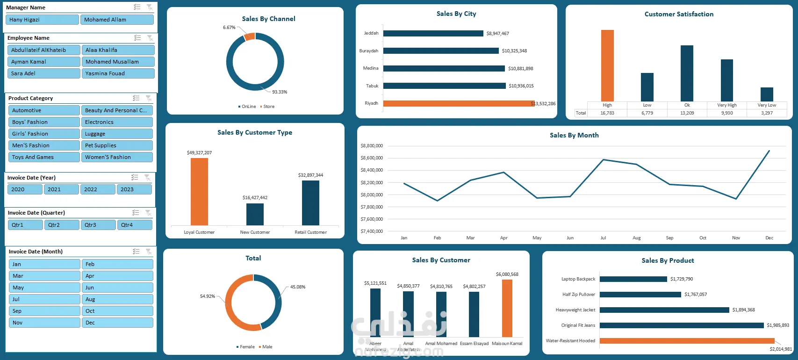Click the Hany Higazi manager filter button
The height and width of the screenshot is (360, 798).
pyautogui.click(x=42, y=20)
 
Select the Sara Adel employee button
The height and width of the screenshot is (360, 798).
pyautogui.click(x=44, y=73)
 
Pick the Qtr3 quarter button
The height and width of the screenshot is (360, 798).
pyautogui.click(x=98, y=225)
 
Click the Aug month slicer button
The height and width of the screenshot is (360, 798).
pyautogui.click(x=117, y=299)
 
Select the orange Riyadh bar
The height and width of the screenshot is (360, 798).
pyautogui.click(x=458, y=103)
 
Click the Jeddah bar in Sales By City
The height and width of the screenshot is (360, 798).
pyautogui.click(x=433, y=33)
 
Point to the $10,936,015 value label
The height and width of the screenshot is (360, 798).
pyautogui.click(x=521, y=86)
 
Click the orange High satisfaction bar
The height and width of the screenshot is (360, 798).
pyautogui.click(x=607, y=65)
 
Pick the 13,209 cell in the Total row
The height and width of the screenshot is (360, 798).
pyautogui.click(x=687, y=113)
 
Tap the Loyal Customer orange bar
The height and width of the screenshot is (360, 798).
pyautogui.click(x=199, y=192)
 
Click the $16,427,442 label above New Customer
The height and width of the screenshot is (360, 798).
pyautogui.click(x=255, y=198)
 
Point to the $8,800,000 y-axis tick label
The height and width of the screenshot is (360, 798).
pyautogui.click(x=372, y=146)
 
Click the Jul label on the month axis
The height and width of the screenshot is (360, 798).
pyautogui.click(x=603, y=238)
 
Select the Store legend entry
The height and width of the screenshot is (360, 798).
pyautogui.click(x=268, y=107)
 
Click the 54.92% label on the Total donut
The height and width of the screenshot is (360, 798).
pyautogui.click(x=207, y=296)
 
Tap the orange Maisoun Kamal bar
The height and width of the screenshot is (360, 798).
pyautogui.click(x=507, y=308)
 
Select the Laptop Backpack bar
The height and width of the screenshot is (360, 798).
pyautogui.click(x=633, y=279)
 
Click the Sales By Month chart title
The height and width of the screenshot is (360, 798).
pyautogui.click(x=574, y=135)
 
